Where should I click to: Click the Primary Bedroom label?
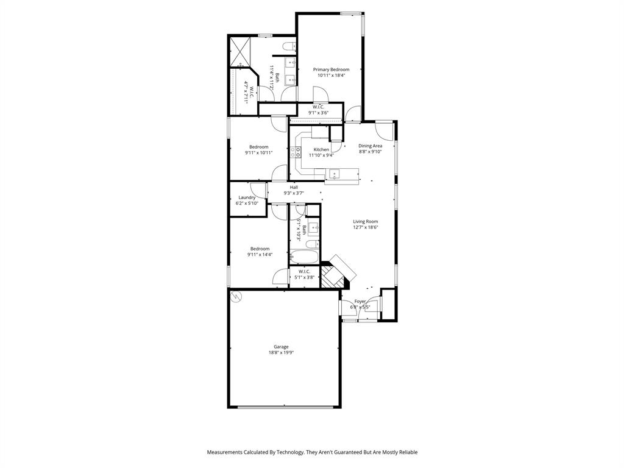[x=331, y=69]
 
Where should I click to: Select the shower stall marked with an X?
[x=239, y=48]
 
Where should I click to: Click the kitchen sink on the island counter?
[x=334, y=175]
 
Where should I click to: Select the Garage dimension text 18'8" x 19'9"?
[x=281, y=353]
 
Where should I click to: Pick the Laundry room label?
[x=247, y=197]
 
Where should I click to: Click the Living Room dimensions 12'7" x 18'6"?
[x=366, y=227]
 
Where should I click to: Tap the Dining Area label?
[x=370, y=146]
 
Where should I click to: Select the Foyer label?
[x=360, y=301]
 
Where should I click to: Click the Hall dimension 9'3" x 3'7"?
[x=294, y=193]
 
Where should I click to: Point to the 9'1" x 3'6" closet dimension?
[x=318, y=113]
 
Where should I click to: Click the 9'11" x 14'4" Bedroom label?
[x=260, y=255]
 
